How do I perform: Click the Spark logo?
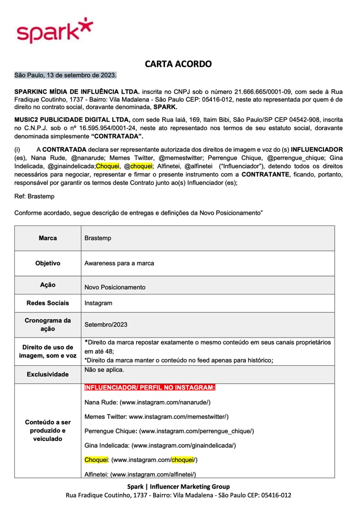tap(54, 31)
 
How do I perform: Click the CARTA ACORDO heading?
tap(178, 64)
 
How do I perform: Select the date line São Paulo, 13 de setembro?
tap(65, 75)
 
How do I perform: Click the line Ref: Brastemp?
tap(34, 196)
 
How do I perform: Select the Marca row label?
tap(48, 238)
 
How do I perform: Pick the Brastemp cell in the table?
tap(98, 239)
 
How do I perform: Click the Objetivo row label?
tap(48, 263)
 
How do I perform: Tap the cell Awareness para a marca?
tap(119, 264)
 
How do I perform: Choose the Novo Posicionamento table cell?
tap(115, 288)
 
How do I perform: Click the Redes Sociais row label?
tap(48, 303)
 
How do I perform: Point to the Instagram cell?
tap(98, 303)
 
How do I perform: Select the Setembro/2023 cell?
tap(106, 325)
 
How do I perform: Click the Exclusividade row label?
tap(48, 374)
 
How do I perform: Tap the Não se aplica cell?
tap(105, 370)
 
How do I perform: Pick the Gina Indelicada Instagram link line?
tap(160, 445)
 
